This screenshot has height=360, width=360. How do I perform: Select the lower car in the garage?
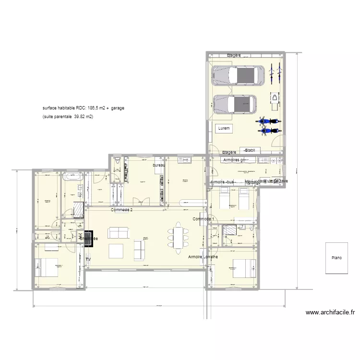coord(235,103)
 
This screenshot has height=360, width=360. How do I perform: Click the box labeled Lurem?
coord(224,129)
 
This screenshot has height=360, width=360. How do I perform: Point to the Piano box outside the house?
coord(336,257)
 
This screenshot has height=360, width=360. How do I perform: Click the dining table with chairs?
coord(178,236)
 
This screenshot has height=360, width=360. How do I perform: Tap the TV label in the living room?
coord(88,260)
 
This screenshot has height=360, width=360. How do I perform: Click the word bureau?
coord(159,166)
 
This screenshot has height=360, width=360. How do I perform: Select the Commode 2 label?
coord(121,210)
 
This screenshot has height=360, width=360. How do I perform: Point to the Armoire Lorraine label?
coord(203,257)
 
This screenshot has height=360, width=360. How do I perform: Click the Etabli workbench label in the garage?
coord(249,150)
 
